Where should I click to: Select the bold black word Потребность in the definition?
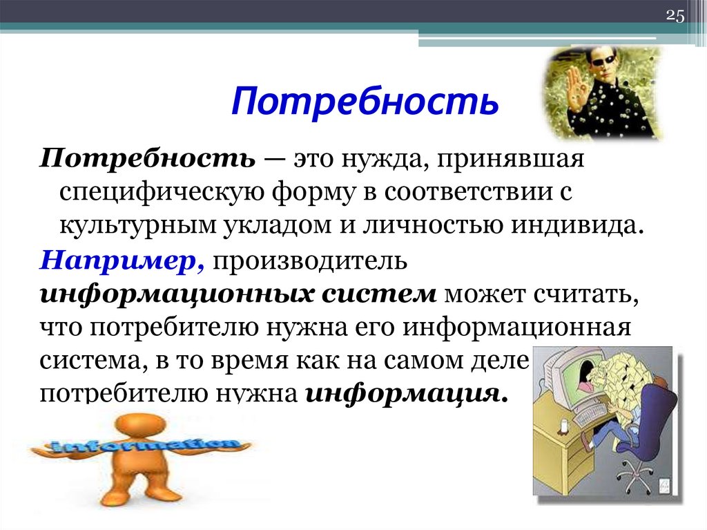pos(147,160)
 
